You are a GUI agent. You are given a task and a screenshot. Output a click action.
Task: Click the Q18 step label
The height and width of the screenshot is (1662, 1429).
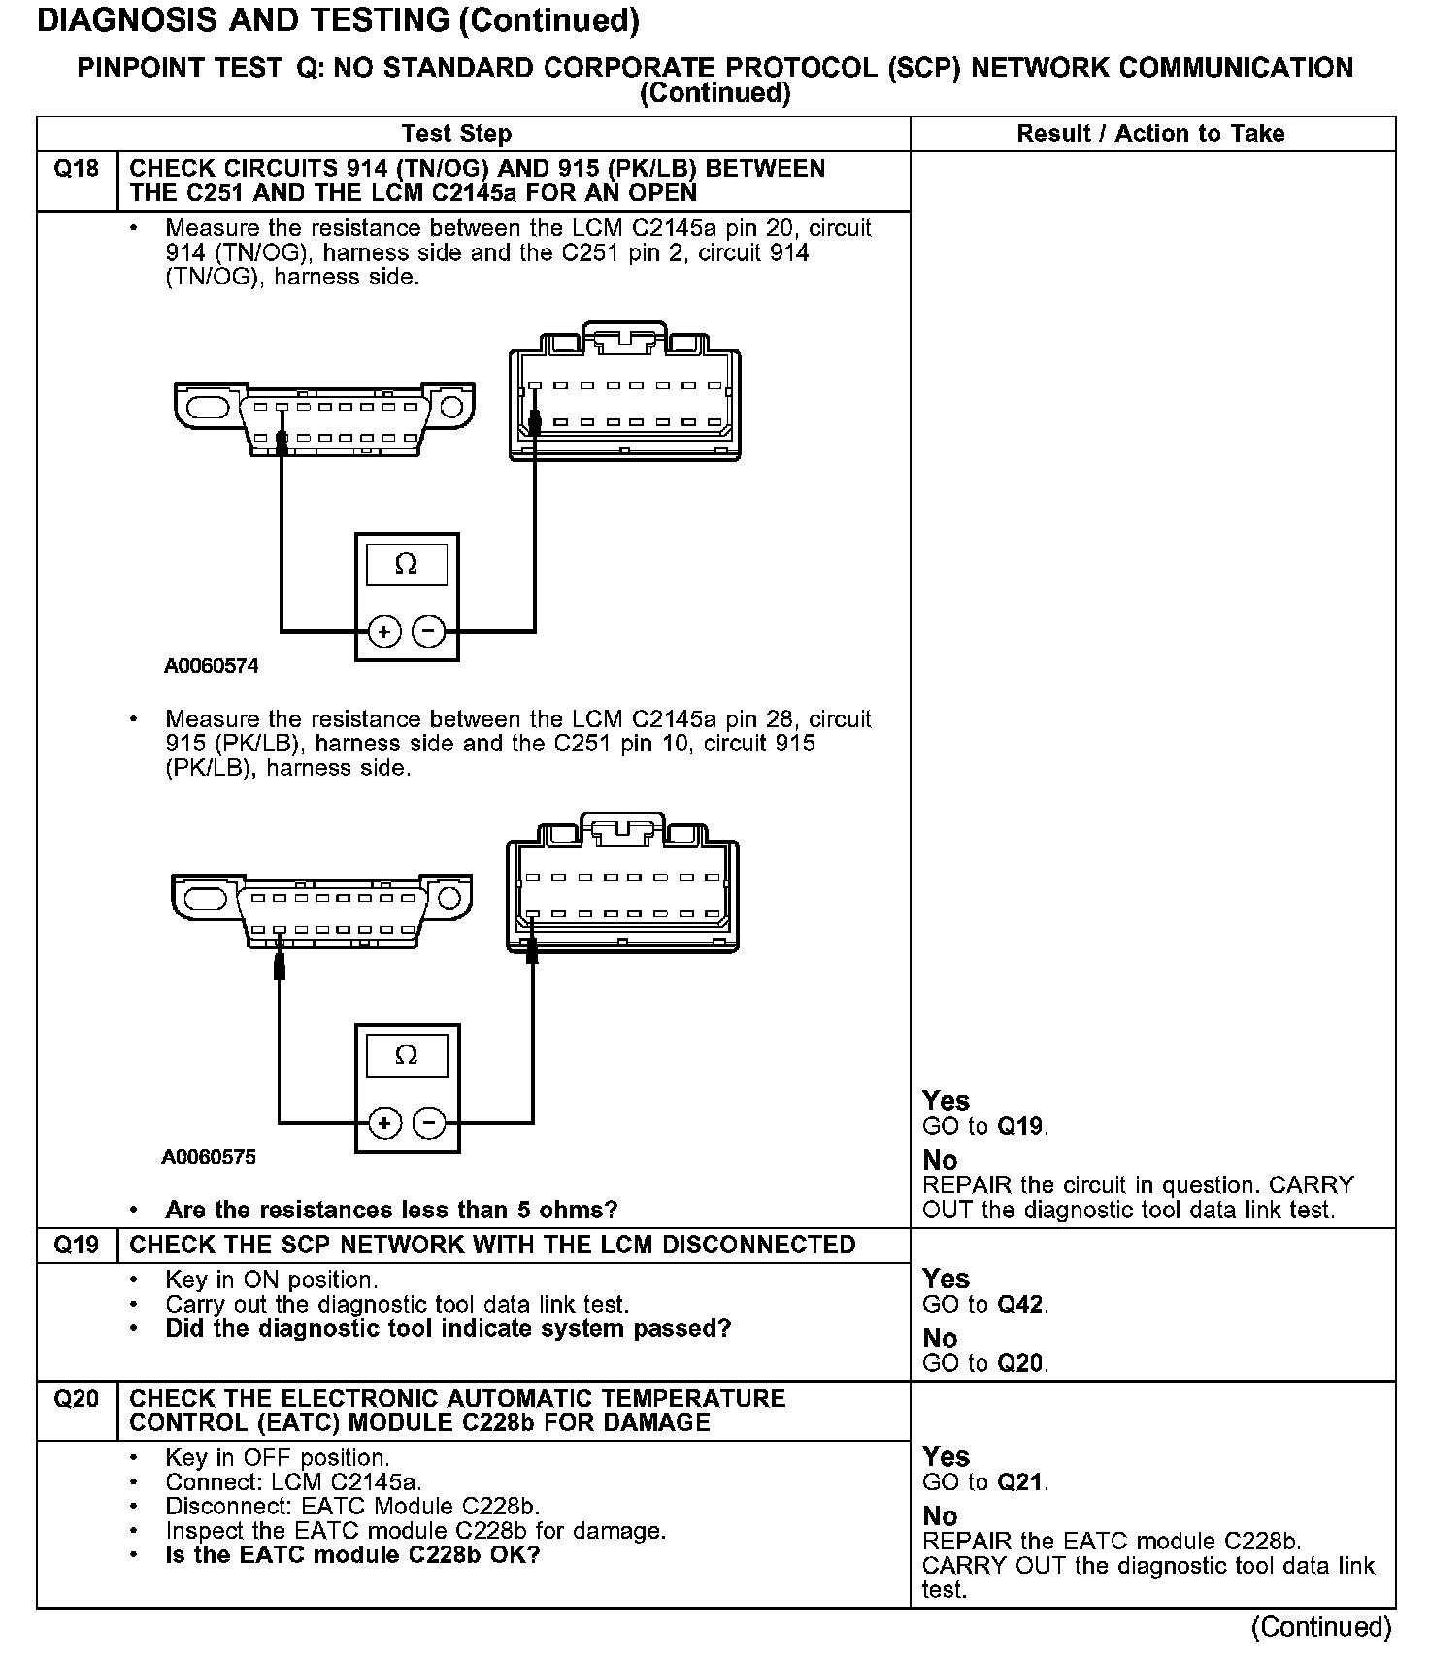(76, 169)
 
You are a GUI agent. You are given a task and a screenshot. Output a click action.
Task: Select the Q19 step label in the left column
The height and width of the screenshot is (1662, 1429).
(76, 1245)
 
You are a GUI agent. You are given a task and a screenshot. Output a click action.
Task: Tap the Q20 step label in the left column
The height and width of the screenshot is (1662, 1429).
(76, 1398)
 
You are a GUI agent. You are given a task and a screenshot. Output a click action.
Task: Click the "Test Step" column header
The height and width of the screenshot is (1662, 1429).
(456, 134)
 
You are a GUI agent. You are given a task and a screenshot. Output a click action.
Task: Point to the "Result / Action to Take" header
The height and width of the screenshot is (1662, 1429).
(1150, 134)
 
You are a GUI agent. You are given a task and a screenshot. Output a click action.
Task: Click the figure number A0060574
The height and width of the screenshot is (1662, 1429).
(211, 667)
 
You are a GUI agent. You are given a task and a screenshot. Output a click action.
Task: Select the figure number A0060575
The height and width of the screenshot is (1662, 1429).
(209, 1157)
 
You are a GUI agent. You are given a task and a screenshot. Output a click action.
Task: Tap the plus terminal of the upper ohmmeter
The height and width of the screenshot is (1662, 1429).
(384, 632)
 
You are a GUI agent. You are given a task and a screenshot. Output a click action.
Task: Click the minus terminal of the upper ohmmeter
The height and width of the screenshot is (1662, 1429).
(429, 632)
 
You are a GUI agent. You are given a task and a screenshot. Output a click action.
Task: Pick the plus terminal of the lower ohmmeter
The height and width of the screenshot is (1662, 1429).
(384, 1123)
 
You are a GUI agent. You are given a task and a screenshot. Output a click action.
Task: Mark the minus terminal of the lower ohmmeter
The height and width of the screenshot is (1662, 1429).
(429, 1123)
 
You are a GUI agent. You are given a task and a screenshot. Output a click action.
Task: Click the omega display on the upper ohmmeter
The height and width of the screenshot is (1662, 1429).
(407, 564)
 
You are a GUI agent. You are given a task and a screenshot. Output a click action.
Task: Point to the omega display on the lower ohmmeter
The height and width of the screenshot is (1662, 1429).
(407, 1054)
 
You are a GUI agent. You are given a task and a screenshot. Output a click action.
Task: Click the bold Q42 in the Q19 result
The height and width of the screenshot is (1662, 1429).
(1021, 1304)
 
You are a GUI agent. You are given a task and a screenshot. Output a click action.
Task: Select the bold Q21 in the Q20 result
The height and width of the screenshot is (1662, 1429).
(1021, 1482)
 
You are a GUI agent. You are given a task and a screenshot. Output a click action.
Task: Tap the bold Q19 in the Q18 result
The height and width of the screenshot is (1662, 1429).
(1021, 1126)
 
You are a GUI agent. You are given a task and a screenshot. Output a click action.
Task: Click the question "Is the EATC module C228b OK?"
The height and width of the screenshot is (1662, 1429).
(352, 1554)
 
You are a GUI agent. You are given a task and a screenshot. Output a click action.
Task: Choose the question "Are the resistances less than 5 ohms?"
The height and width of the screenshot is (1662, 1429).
(391, 1210)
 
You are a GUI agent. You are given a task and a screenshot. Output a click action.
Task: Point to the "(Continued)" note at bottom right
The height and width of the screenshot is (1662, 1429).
(1321, 1626)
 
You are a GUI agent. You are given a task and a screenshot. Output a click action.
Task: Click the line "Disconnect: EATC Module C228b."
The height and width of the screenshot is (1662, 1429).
(352, 1506)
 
